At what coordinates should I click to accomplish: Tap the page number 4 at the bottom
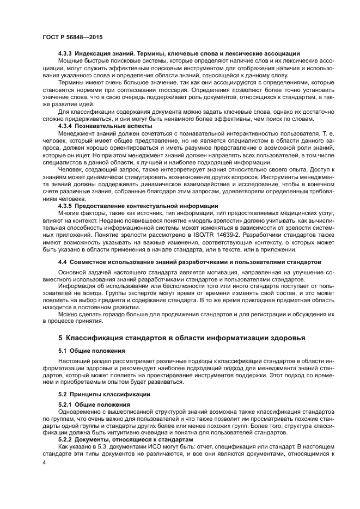[44, 463]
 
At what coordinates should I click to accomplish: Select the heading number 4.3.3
[66, 53]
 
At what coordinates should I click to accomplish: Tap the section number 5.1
[62, 351]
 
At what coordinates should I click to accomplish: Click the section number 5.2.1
[66, 404]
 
